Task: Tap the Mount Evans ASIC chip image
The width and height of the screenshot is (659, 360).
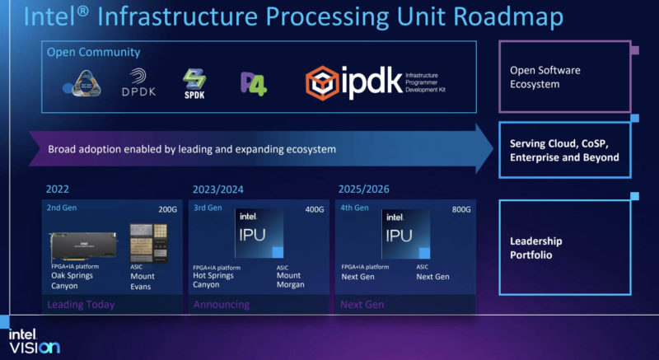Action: (x=148, y=243)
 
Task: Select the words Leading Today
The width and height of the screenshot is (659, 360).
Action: (x=82, y=305)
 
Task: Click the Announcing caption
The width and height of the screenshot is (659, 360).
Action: (x=221, y=305)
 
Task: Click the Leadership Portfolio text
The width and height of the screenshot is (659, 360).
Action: (x=535, y=248)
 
